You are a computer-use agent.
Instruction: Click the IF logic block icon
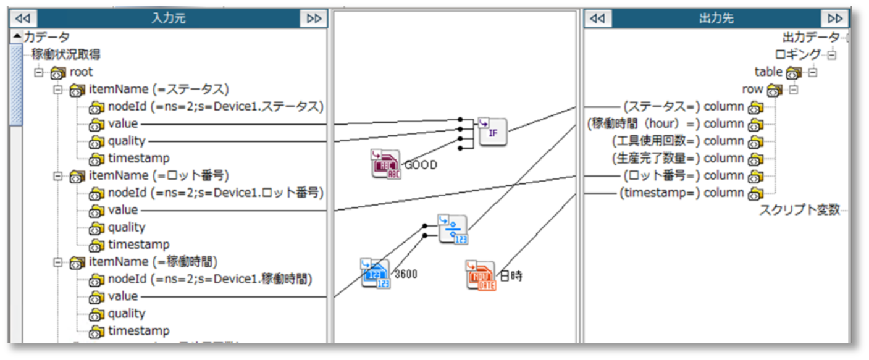493,132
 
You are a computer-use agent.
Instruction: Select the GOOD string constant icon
386,164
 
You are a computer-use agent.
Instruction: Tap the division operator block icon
453,229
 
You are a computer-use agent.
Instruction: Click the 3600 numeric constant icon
376,273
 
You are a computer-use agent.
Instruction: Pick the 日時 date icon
481,275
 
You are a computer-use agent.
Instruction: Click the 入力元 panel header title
168,19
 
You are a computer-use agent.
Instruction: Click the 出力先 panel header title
716,19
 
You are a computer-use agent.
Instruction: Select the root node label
81,72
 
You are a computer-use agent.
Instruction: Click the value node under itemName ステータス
123,123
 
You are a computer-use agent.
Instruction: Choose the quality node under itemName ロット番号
127,227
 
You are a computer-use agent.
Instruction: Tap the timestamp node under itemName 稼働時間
138,331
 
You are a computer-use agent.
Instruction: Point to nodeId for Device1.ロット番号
216,193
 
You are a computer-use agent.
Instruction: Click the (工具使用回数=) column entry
678,141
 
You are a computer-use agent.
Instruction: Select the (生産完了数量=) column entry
678,158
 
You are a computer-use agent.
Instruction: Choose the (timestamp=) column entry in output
682,193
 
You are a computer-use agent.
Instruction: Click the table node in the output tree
769,72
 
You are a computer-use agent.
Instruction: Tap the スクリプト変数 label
799,210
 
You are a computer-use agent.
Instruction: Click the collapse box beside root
40,72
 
